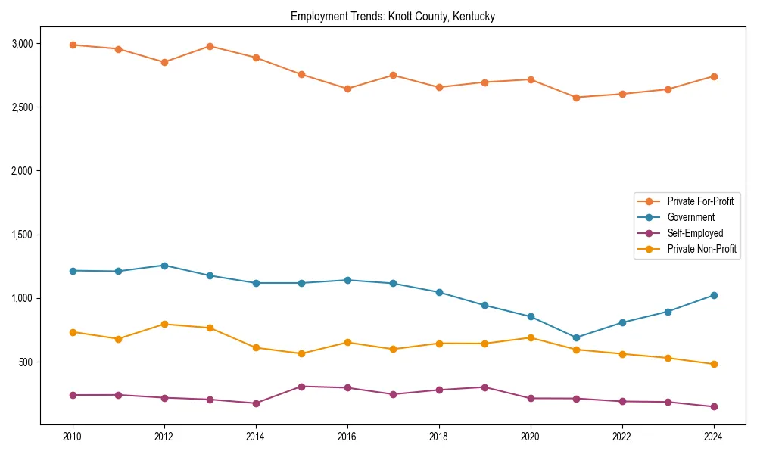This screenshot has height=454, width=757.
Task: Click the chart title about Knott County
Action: tap(392, 17)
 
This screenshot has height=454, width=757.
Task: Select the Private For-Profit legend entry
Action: tap(699, 201)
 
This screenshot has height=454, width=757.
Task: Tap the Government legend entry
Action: tap(690, 217)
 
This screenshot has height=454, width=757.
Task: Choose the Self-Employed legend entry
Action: tap(695, 233)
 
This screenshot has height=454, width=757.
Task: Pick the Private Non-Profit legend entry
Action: tap(702, 249)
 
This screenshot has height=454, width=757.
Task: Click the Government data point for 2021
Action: tap(576, 337)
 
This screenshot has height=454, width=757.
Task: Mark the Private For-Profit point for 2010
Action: tap(73, 45)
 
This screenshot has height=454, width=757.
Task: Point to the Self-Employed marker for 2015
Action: tap(301, 387)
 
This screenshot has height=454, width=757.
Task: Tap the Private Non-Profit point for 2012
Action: tap(164, 324)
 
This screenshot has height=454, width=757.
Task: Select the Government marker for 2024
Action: tap(714, 295)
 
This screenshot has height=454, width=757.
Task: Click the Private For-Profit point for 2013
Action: tap(210, 46)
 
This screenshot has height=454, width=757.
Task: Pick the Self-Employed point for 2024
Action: tap(714, 406)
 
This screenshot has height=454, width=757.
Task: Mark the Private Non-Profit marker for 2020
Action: tap(531, 337)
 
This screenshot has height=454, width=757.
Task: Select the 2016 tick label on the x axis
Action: tap(347, 437)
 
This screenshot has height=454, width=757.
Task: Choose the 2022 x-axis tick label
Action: tap(622, 437)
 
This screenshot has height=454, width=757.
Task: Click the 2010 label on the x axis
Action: tap(73, 437)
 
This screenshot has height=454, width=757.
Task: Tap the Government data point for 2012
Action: tap(164, 266)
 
